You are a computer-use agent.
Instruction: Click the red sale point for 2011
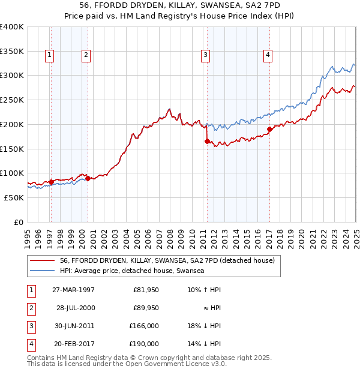[207, 141]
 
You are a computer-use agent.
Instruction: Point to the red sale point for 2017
[269, 129]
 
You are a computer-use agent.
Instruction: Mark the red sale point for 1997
[52, 181]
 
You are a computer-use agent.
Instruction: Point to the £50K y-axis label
[14, 197]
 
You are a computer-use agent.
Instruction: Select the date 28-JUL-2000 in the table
[76, 308]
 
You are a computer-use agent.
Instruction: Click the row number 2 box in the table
[31, 308]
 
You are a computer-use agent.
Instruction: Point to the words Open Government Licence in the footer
[174, 364]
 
